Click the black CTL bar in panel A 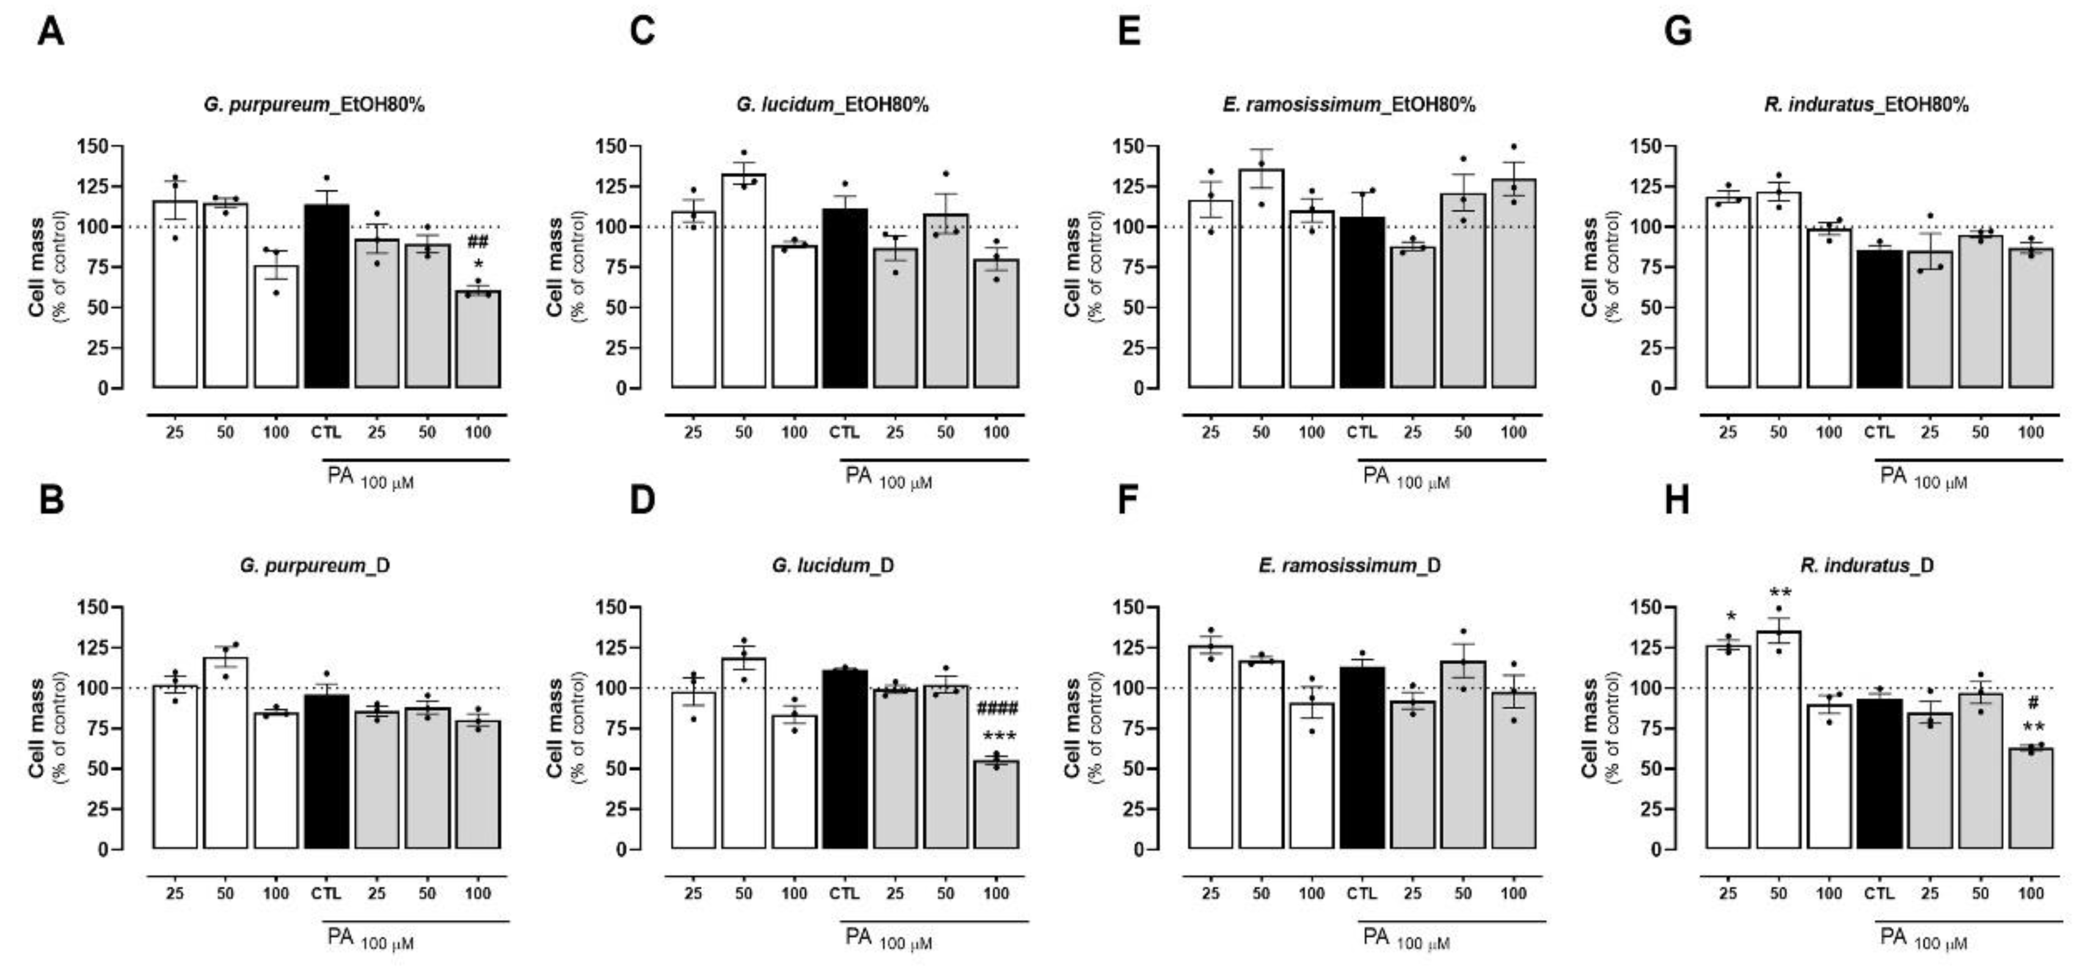[x=327, y=296]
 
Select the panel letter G [x=1677, y=32]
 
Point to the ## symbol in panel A [x=478, y=241]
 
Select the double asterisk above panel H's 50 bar [x=1780, y=591]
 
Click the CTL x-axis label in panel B [x=326, y=893]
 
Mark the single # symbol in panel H [x=2033, y=703]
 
